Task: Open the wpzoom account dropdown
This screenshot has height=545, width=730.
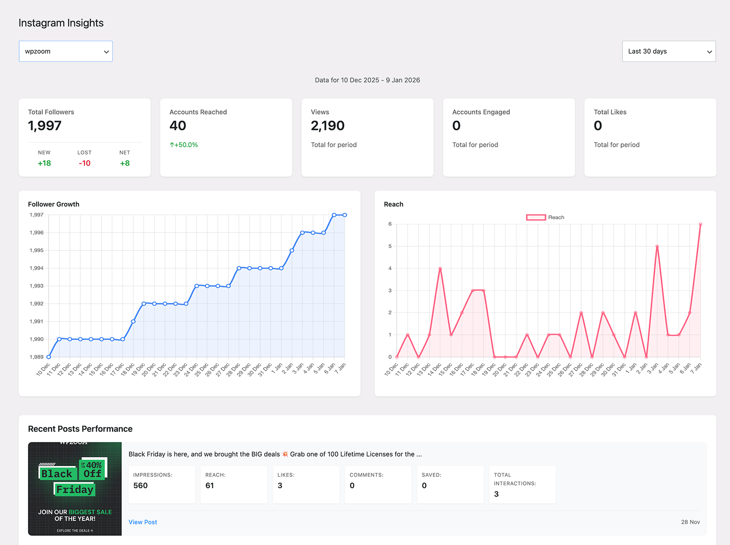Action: pyautogui.click(x=66, y=52)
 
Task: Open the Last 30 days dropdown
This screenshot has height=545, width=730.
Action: pyautogui.click(x=668, y=52)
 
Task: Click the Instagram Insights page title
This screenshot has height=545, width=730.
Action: pyautogui.click(x=61, y=23)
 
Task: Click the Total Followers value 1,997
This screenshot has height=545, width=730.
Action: pyautogui.click(x=45, y=126)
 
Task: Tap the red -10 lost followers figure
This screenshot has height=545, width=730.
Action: pyautogui.click(x=84, y=163)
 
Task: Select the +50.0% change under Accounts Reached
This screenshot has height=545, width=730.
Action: pyautogui.click(x=184, y=145)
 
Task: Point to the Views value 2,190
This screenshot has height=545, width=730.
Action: pyautogui.click(x=328, y=126)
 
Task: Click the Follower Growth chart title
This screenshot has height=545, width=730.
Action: pyautogui.click(x=54, y=204)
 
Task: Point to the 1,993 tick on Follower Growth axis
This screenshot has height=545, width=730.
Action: pyautogui.click(x=36, y=286)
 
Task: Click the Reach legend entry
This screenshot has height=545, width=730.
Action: pyautogui.click(x=545, y=218)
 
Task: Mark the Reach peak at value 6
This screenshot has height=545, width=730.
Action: pyautogui.click(x=700, y=224)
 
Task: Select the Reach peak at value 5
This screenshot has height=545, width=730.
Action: pyautogui.click(x=657, y=246)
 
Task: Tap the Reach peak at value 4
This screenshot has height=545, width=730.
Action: pyautogui.click(x=440, y=269)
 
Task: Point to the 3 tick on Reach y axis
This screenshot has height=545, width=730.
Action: pyautogui.click(x=390, y=291)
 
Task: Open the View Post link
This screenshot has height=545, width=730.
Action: pyautogui.click(x=143, y=522)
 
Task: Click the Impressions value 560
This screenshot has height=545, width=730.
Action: pyautogui.click(x=141, y=486)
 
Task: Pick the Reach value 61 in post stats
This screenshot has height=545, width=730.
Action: pyautogui.click(x=209, y=486)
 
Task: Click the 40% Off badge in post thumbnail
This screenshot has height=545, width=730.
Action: pyautogui.click(x=93, y=469)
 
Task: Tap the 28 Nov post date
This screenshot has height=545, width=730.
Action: pyautogui.click(x=690, y=522)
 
